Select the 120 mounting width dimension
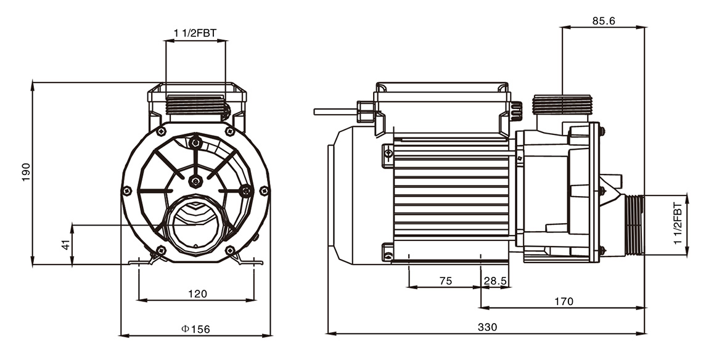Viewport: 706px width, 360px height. [x=197, y=293]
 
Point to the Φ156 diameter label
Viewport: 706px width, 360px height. [x=196, y=329]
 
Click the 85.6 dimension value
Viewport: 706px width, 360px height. [x=604, y=20]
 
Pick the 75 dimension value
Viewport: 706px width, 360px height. [x=445, y=280]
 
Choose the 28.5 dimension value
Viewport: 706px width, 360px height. [x=496, y=280]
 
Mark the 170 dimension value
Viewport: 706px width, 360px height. [x=564, y=301]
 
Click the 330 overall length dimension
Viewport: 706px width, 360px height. [x=487, y=327]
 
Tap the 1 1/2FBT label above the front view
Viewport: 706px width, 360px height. [x=195, y=33]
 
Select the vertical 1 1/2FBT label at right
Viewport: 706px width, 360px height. [x=678, y=225]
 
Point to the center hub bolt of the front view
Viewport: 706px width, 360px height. [x=195, y=181]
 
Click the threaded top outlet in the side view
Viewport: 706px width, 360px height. [x=562, y=105]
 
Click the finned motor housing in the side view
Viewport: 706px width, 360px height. [x=451, y=197]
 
